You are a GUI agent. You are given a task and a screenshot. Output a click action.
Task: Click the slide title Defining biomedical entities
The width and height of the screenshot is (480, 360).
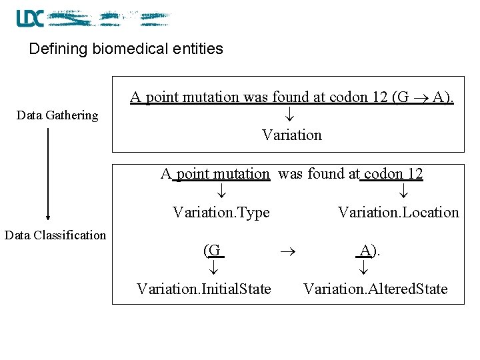126,49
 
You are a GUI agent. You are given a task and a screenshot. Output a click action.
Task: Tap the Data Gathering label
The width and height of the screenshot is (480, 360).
57,115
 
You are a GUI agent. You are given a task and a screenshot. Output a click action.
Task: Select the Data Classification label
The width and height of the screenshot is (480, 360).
55,235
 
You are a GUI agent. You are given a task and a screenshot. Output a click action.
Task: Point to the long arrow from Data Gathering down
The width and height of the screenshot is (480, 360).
48,173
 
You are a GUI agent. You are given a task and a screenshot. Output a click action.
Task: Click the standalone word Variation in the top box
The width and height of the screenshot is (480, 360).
292,135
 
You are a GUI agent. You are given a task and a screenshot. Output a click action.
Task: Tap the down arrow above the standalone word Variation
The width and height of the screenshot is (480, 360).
292,115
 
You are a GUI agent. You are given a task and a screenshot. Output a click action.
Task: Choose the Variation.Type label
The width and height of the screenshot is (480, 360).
221,213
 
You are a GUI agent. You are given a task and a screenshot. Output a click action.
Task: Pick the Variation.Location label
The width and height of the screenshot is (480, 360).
399,213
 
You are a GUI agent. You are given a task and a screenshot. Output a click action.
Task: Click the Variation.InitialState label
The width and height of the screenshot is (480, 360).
204,289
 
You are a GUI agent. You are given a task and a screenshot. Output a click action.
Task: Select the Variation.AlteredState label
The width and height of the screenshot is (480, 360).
375,289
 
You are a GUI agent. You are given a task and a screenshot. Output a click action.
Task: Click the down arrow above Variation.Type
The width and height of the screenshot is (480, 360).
221,193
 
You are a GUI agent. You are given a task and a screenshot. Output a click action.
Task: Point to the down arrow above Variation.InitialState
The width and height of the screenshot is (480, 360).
213,269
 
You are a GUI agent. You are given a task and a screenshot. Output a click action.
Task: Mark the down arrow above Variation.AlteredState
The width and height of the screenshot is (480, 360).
364,269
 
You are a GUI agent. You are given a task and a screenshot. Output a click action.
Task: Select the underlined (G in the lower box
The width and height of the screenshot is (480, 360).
212,251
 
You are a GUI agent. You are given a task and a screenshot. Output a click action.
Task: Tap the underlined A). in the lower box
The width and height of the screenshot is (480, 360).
368,251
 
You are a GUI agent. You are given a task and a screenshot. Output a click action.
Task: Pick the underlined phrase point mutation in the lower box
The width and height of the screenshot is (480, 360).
222,174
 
